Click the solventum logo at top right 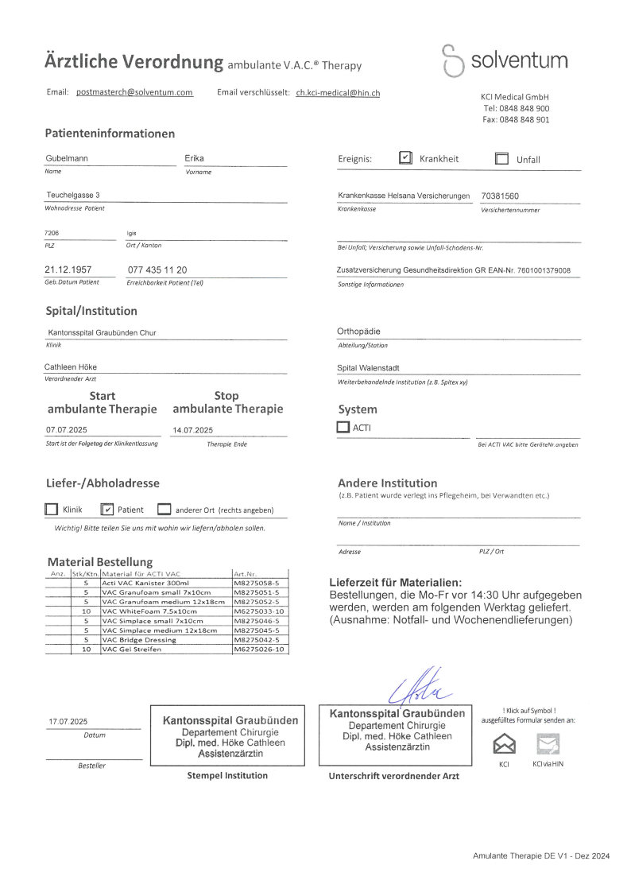pos(505,61)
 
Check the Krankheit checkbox pos(405,158)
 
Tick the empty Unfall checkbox pos(501,158)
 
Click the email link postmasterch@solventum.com pos(134,92)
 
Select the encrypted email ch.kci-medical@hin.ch pos(338,92)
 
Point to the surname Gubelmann pos(67,158)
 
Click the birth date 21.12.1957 pos(68,270)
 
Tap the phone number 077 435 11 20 pos(157,270)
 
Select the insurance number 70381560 pos(501,196)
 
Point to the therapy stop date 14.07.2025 pos(193,429)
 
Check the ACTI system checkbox pos(343,427)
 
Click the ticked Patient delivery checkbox pos(109,510)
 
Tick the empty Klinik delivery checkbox pos(52,510)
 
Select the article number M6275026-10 pos(258,650)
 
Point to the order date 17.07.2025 pos(68,721)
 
